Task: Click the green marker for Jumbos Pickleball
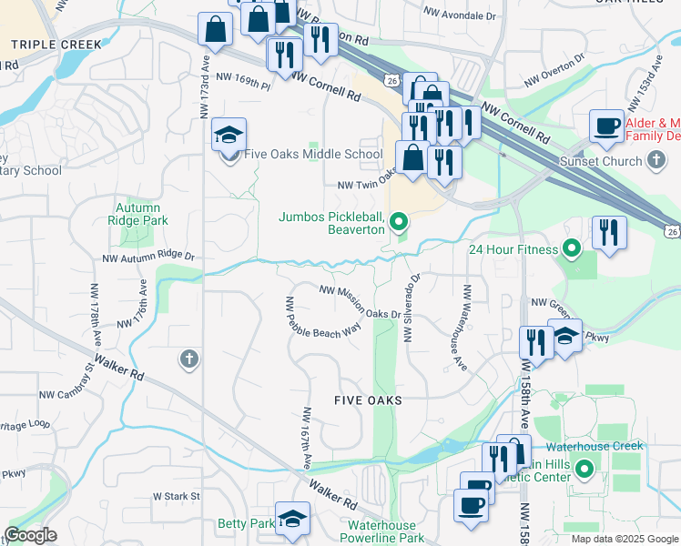[x=397, y=221]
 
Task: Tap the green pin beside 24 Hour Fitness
[x=571, y=248]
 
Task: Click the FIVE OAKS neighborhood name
[x=368, y=400]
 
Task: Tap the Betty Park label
[x=246, y=524]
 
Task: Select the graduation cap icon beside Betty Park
[x=292, y=520]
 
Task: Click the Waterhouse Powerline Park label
[x=382, y=532]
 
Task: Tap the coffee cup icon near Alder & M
[x=606, y=126]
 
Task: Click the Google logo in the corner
[x=30, y=535]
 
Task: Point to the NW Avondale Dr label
[x=461, y=16]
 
